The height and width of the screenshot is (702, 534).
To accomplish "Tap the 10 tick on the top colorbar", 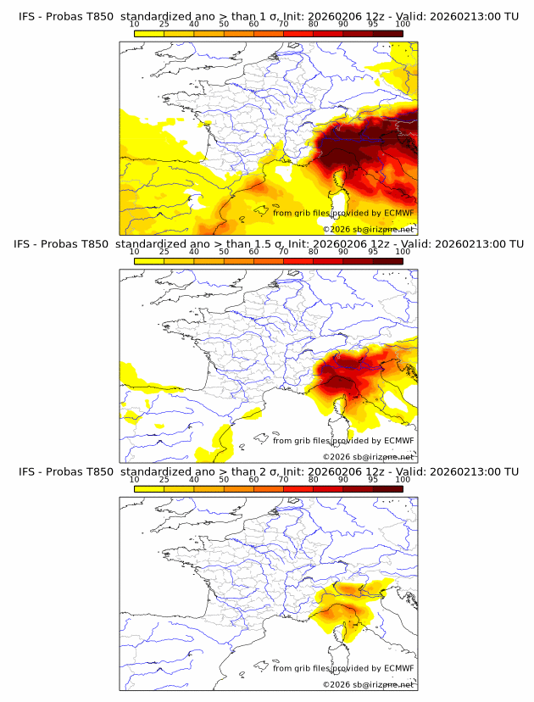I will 135,24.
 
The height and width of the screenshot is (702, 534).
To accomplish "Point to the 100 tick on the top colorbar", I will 403,24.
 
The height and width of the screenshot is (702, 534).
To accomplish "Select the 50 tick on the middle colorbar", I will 224,252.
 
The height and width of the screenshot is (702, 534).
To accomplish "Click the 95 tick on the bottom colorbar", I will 373,479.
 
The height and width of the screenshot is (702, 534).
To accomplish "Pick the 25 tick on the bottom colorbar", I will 164,479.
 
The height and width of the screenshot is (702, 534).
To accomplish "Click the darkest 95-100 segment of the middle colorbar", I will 387,261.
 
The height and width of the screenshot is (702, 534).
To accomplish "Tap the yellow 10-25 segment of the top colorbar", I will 149,33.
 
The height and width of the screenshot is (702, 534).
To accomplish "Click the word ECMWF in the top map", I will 398,213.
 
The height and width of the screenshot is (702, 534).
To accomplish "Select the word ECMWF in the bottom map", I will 398,668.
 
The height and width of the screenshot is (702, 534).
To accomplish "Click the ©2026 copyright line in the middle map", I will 368,457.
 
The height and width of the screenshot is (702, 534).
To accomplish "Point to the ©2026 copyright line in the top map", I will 368,229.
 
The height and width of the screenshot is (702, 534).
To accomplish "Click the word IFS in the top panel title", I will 26,16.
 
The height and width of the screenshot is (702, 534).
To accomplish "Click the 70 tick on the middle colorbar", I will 283,252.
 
